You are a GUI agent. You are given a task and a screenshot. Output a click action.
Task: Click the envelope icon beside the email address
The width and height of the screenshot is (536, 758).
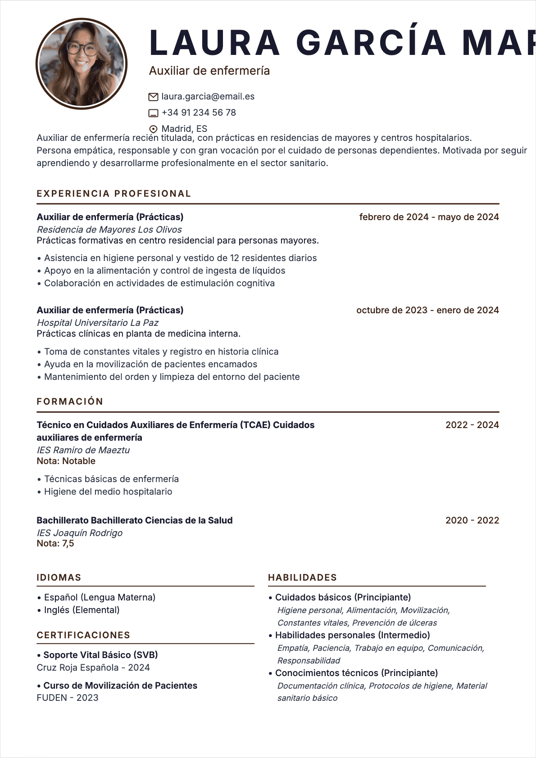tap(153, 97)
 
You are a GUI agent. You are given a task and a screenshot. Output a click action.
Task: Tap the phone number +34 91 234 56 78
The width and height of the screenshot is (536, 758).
tap(199, 113)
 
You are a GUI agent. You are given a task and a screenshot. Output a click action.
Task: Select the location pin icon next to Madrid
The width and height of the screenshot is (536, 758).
tap(153, 129)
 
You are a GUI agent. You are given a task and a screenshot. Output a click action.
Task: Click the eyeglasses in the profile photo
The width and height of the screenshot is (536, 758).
tap(82, 48)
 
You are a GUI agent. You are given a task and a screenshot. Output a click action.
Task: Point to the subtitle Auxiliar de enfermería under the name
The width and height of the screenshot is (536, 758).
tap(209, 71)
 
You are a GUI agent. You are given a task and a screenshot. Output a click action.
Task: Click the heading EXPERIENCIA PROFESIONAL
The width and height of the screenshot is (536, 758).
tap(114, 194)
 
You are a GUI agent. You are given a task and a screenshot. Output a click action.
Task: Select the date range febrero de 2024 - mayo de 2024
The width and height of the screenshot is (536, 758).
tap(429, 217)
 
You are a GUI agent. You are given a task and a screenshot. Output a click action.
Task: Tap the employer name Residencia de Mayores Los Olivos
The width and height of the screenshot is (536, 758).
tap(109, 230)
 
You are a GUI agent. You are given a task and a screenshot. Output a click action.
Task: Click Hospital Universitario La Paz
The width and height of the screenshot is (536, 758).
tap(98, 323)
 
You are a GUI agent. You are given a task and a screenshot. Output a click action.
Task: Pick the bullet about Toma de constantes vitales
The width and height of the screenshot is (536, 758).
tap(161, 352)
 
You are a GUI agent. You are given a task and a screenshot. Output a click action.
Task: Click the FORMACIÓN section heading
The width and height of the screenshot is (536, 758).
tap(70, 402)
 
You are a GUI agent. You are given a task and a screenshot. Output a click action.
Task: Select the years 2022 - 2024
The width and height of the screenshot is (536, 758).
tap(472, 425)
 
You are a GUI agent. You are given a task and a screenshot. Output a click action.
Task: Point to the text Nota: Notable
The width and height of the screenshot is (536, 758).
tap(66, 461)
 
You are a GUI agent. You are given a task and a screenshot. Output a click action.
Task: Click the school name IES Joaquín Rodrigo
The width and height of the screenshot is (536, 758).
tap(80, 533)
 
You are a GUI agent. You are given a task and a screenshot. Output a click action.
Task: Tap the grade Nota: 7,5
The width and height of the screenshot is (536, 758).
tap(55, 543)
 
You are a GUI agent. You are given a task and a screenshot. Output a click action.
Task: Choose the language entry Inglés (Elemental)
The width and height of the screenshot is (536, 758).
tap(82, 610)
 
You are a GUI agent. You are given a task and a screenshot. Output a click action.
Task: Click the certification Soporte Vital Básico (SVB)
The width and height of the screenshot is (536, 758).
tap(100, 655)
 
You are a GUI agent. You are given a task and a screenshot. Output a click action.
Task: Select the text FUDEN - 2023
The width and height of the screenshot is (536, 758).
tap(68, 698)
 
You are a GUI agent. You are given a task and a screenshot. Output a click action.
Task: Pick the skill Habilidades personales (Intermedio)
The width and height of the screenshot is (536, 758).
tap(352, 635)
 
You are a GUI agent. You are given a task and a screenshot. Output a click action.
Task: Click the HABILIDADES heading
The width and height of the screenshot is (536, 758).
tap(302, 578)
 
